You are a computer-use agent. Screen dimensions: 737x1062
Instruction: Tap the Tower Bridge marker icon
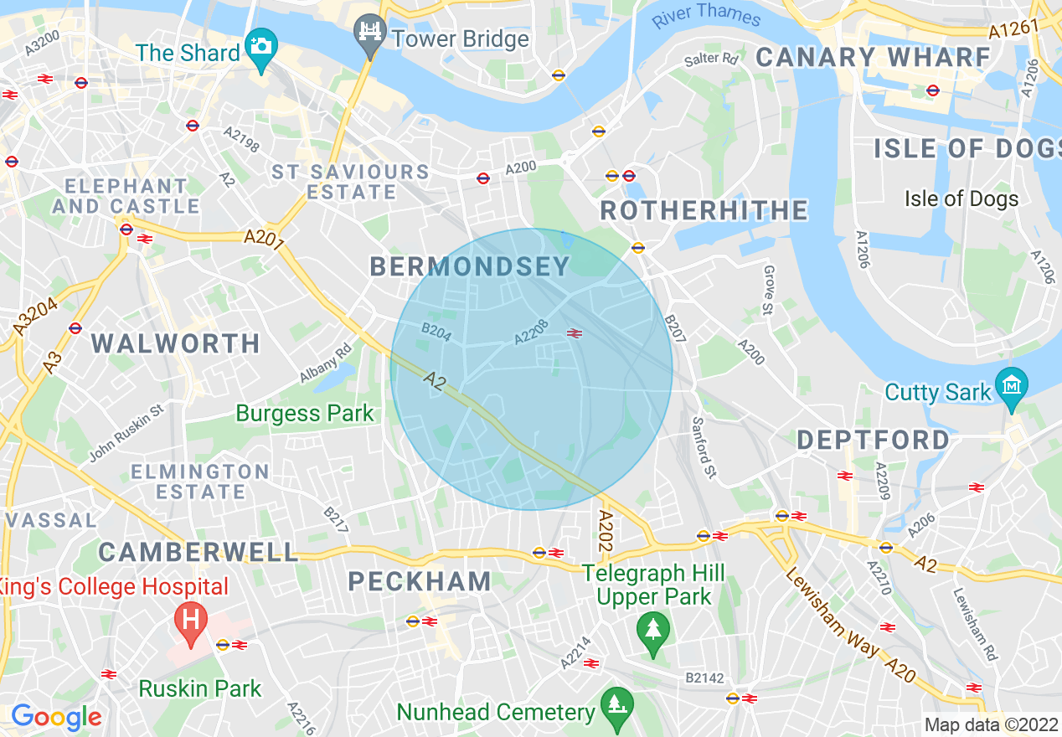369,33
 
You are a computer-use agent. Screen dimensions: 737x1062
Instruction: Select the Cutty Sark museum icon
1012,386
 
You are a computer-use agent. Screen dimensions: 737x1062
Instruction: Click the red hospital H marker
191,621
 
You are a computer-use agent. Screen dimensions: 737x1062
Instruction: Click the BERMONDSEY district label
469,267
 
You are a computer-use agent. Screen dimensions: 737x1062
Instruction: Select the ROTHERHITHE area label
704,210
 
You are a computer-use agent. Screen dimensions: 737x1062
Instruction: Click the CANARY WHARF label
874,58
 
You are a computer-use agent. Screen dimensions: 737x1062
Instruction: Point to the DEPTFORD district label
873,440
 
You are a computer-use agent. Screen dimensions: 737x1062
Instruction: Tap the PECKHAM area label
420,581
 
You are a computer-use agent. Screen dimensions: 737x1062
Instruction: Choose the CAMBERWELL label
198,552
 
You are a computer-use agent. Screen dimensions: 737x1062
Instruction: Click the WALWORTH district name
175,343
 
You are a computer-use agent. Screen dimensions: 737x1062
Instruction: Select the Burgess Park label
305,413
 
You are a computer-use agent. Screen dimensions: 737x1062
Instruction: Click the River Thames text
706,14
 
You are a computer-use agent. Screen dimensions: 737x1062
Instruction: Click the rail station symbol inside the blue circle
575,332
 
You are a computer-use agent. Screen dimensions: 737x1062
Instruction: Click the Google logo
56,717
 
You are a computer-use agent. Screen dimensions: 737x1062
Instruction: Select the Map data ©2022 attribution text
989,725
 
